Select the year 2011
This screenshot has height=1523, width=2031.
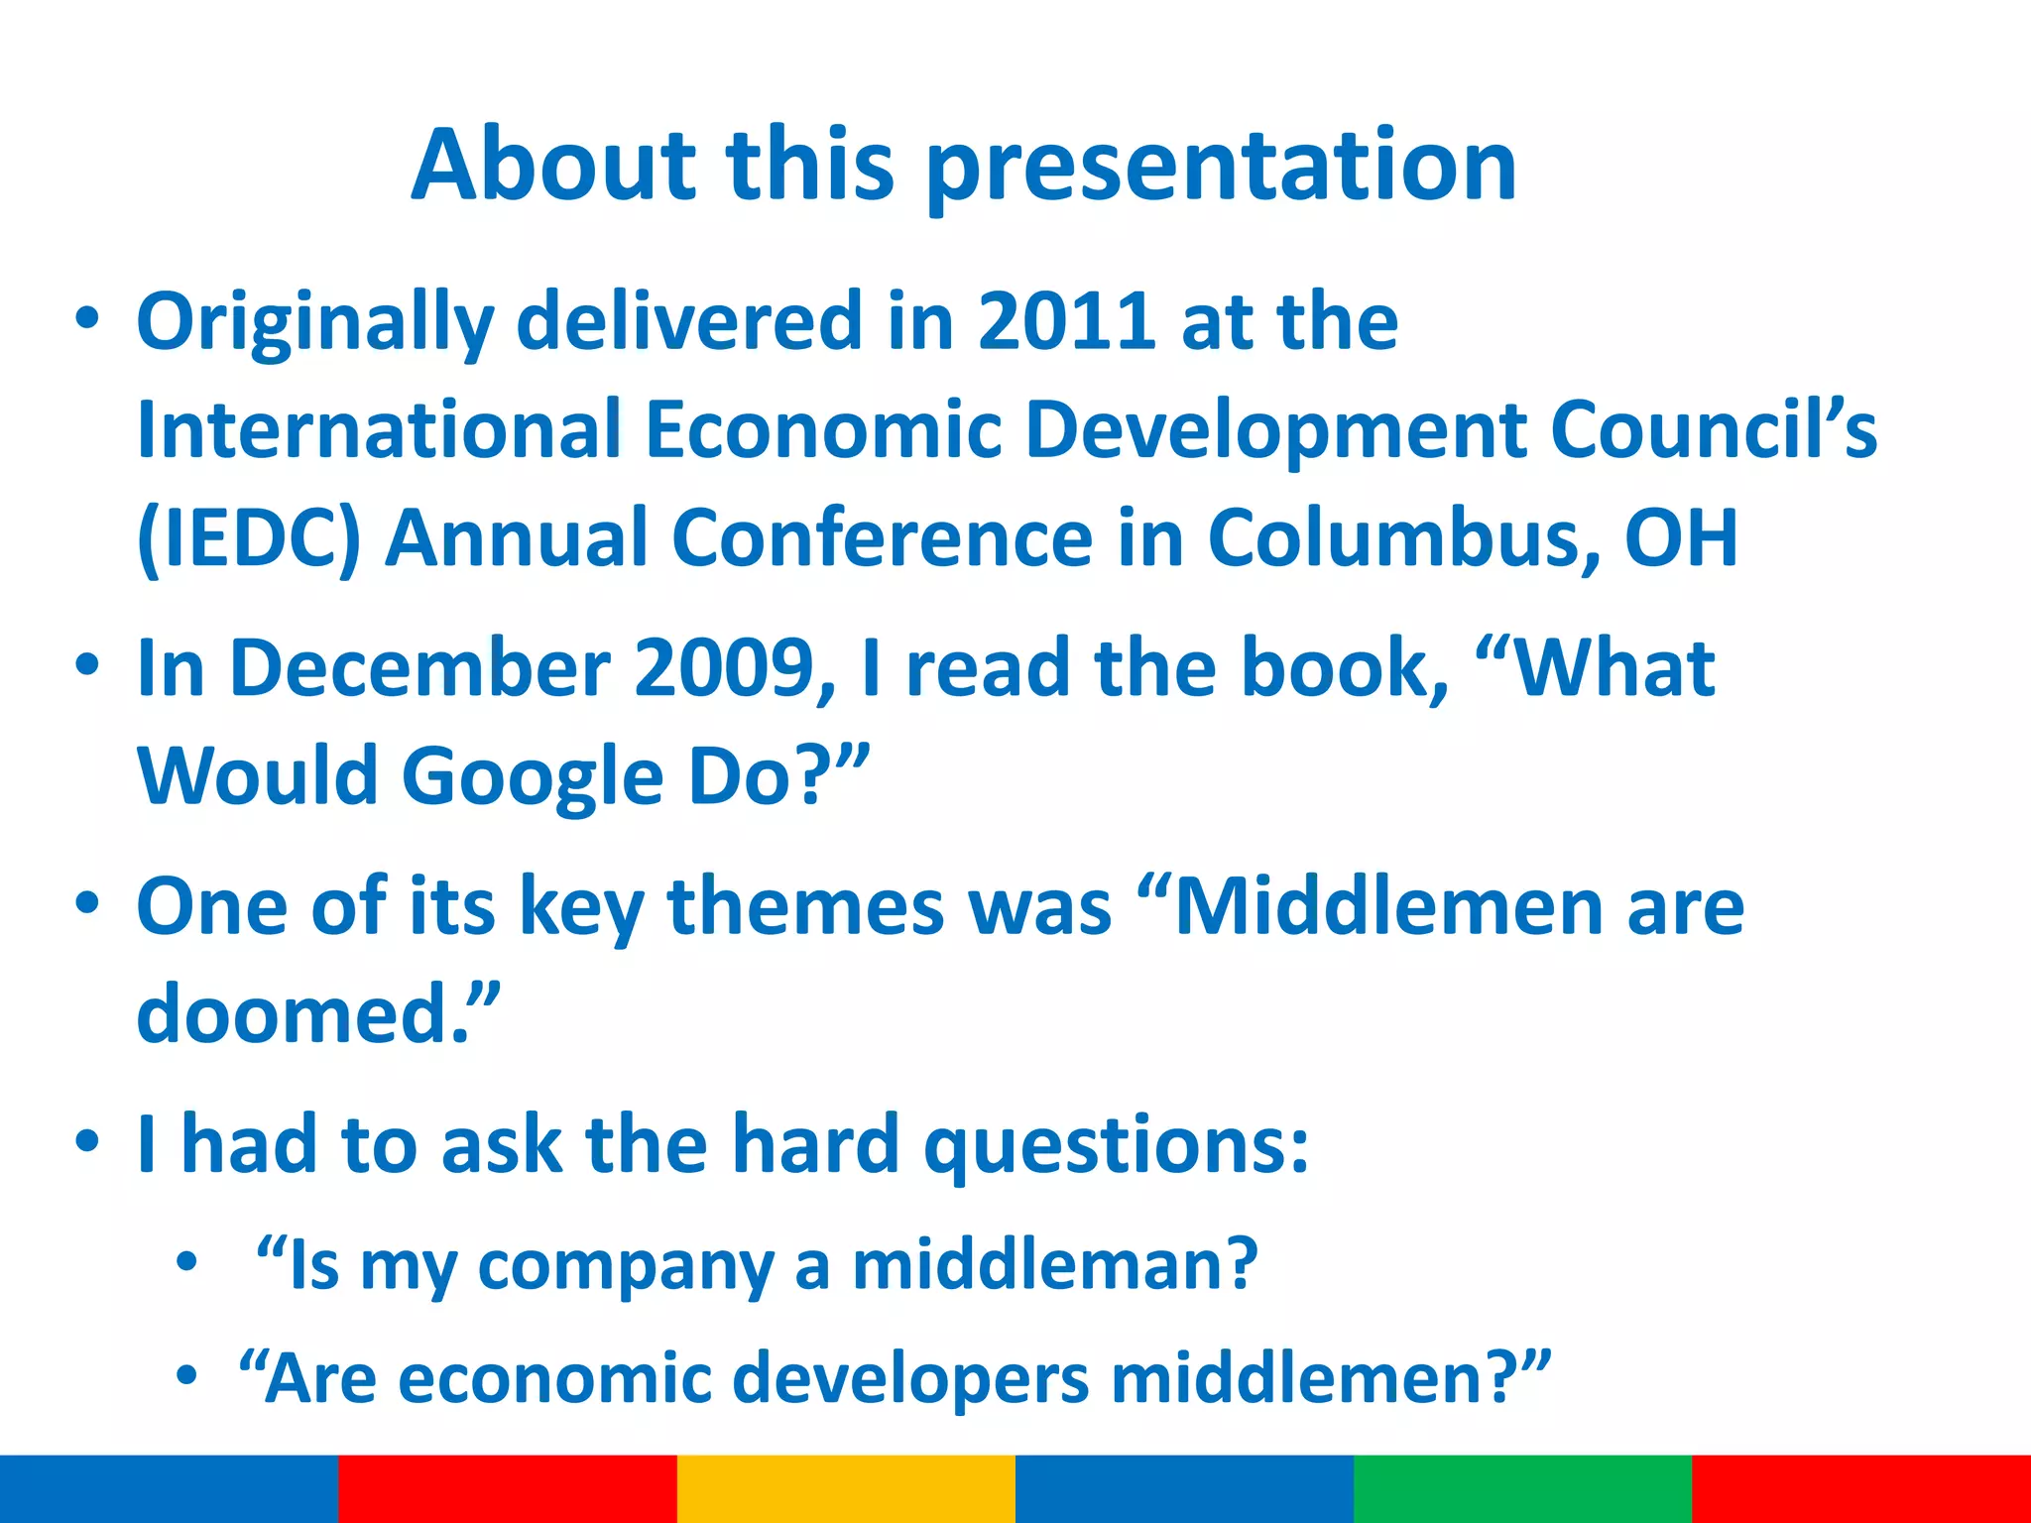[x=1066, y=321]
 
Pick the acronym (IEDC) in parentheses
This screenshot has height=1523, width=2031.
[x=249, y=538]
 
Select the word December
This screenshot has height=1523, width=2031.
[x=419, y=668]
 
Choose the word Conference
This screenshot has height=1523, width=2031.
[x=883, y=538]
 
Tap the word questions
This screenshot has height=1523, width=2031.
[x=1117, y=1146]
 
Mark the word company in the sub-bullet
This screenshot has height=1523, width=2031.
[x=626, y=1267]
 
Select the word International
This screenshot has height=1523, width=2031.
[x=379, y=430]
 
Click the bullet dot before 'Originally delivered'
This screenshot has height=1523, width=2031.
[x=87, y=319]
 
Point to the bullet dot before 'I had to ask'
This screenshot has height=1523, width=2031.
[x=87, y=1141]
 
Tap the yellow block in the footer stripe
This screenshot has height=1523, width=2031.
[x=846, y=1488]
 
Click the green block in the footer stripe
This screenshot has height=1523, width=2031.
[x=1522, y=1488]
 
